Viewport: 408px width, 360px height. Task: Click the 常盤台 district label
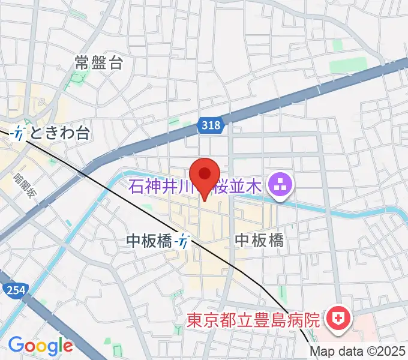pos(99,62)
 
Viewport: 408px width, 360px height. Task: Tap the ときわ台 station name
pos(59,133)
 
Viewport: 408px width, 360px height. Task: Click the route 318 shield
pos(211,125)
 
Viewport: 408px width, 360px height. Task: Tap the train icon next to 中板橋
pos(184,241)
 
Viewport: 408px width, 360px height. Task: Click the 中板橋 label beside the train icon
pos(149,241)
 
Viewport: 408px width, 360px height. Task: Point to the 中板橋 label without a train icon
pos(259,240)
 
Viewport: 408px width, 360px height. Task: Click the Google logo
pos(40,345)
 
